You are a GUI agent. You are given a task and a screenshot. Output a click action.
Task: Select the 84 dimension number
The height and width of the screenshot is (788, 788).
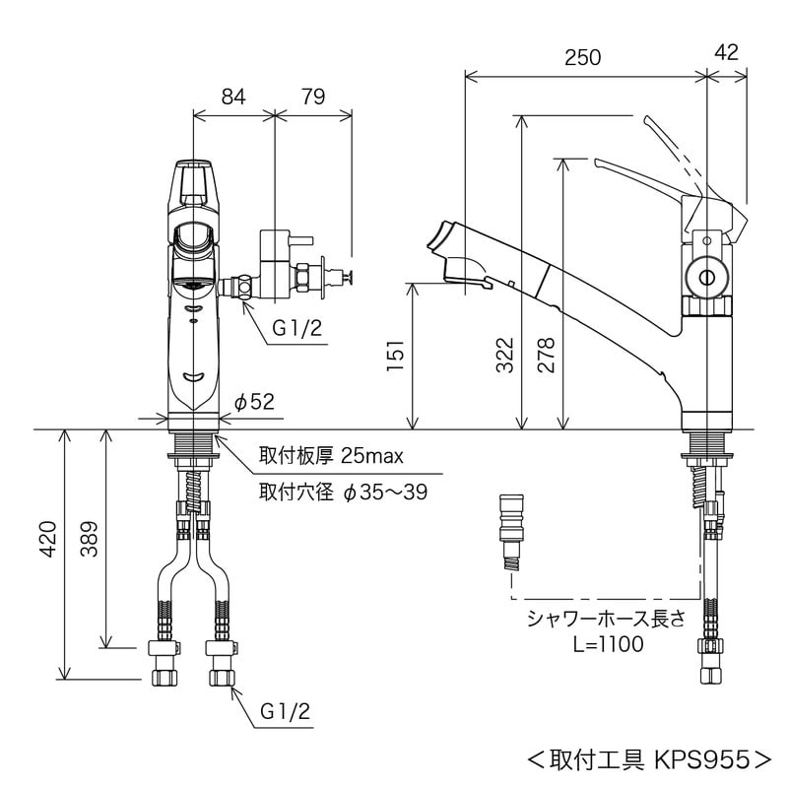pyautogui.click(x=232, y=97)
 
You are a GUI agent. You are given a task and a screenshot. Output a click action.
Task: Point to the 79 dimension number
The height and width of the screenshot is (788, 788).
pyautogui.click(x=312, y=97)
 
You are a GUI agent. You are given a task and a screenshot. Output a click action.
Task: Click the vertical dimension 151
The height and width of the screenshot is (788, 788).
pyautogui.click(x=393, y=357)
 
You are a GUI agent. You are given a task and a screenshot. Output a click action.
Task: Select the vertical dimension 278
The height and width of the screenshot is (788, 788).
pyautogui.click(x=547, y=357)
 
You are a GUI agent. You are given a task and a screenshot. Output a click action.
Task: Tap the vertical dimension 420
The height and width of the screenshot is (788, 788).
pyautogui.click(x=46, y=555)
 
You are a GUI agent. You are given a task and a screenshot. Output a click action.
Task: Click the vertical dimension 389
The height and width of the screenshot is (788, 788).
pyautogui.click(x=88, y=539)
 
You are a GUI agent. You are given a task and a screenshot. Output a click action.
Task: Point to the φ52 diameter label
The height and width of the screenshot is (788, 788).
pyautogui.click(x=254, y=400)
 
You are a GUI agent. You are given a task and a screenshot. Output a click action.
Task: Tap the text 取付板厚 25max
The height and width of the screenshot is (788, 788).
pyautogui.click(x=331, y=456)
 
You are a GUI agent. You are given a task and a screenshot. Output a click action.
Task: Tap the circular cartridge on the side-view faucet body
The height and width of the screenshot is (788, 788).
pyautogui.click(x=705, y=279)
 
